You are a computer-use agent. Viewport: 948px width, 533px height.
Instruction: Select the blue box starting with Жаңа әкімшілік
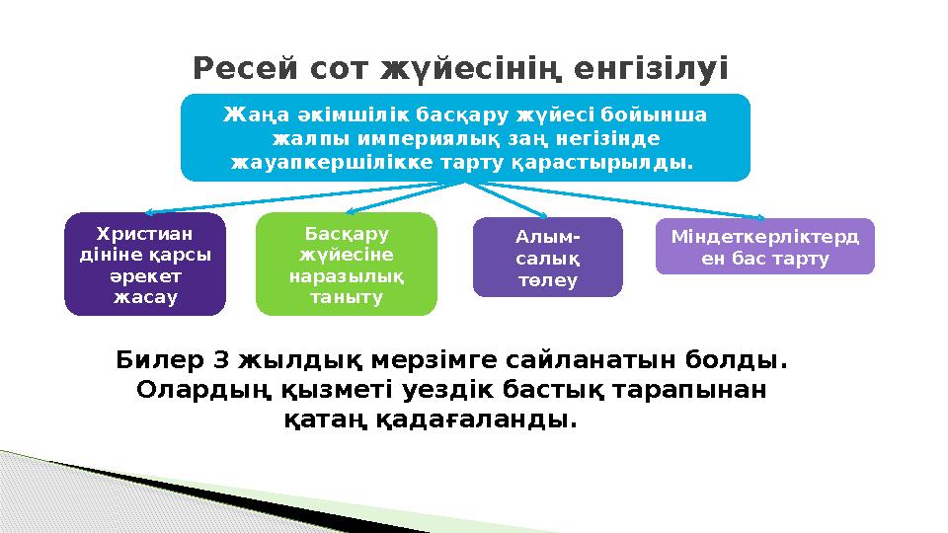click(x=465, y=137)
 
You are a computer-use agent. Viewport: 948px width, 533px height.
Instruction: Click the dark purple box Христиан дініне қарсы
click(x=144, y=264)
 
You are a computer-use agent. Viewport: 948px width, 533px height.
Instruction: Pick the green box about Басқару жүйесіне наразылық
click(x=346, y=264)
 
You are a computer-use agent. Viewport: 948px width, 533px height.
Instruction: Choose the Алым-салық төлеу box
click(x=548, y=257)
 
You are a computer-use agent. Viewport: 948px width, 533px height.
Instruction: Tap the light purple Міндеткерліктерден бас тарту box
click(x=765, y=246)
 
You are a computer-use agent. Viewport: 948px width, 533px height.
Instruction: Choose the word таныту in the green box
click(x=346, y=297)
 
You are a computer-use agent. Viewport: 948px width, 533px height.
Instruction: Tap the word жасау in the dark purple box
click(x=144, y=297)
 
